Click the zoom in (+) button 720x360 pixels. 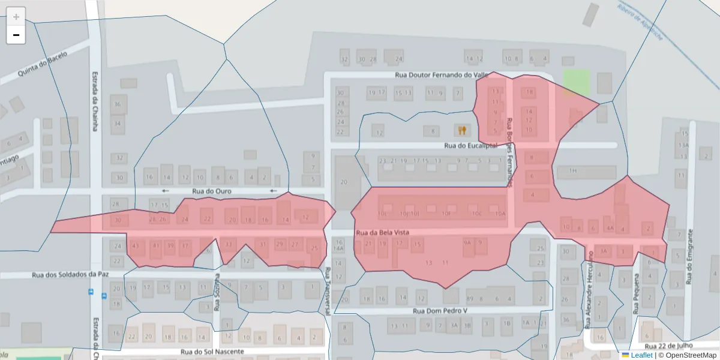point(16,17)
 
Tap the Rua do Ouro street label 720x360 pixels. point(212,191)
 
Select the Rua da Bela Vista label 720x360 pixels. point(382,232)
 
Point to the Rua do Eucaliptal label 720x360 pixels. point(471,145)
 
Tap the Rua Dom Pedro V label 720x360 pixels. point(440,311)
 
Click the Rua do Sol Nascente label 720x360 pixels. point(212,351)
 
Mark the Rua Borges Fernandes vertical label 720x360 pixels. point(510,150)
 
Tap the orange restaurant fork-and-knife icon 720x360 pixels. point(461,130)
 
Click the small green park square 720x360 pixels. point(576,82)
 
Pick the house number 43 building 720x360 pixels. point(136,245)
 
